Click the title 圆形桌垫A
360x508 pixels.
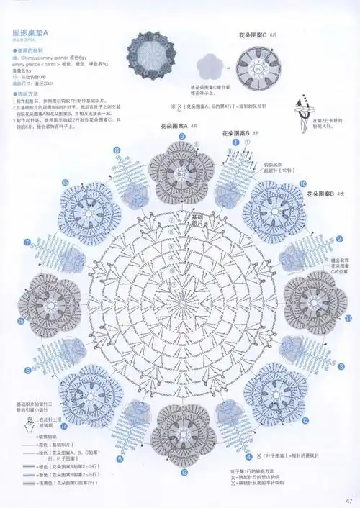pos(30,34)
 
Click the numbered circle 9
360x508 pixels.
pos(182,136)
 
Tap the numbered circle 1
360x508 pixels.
pos(235,142)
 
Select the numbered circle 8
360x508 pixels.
pos(116,150)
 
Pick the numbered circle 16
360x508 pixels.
pos(65,183)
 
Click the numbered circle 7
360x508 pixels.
pos(27,242)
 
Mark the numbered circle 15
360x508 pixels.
pos(21,321)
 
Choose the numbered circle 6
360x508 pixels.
pos(28,371)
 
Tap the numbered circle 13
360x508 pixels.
pos(184,472)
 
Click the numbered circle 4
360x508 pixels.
pos(249,456)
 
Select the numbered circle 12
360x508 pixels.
pos(305,421)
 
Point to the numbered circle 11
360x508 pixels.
pos(348,317)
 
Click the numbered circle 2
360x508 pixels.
pos(338,240)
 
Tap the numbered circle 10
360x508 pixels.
pos(302,183)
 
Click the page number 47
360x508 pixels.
pos(348,502)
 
